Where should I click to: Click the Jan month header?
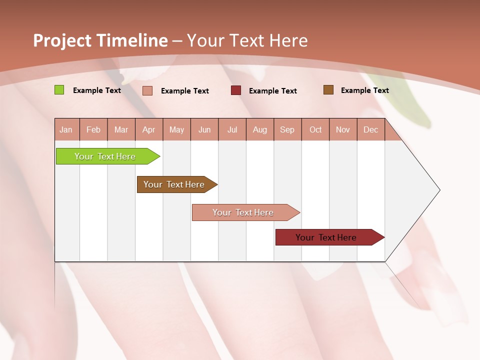[x=66, y=129]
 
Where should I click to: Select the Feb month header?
[x=93, y=129]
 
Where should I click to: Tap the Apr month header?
[x=148, y=129]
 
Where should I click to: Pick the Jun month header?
[x=204, y=129]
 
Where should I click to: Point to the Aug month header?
[x=259, y=129]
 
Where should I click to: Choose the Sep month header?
[x=287, y=129]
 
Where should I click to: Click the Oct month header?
[x=315, y=129]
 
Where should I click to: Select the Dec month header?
[x=370, y=129]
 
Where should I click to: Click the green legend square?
[x=59, y=90]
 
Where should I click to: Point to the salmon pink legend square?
[x=147, y=90]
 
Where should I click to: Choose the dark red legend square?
[x=236, y=90]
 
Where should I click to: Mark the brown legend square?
[x=328, y=90]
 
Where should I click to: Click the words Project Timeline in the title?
[x=100, y=40]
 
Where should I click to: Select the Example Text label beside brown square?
[x=364, y=90]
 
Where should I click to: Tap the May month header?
[x=176, y=129]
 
